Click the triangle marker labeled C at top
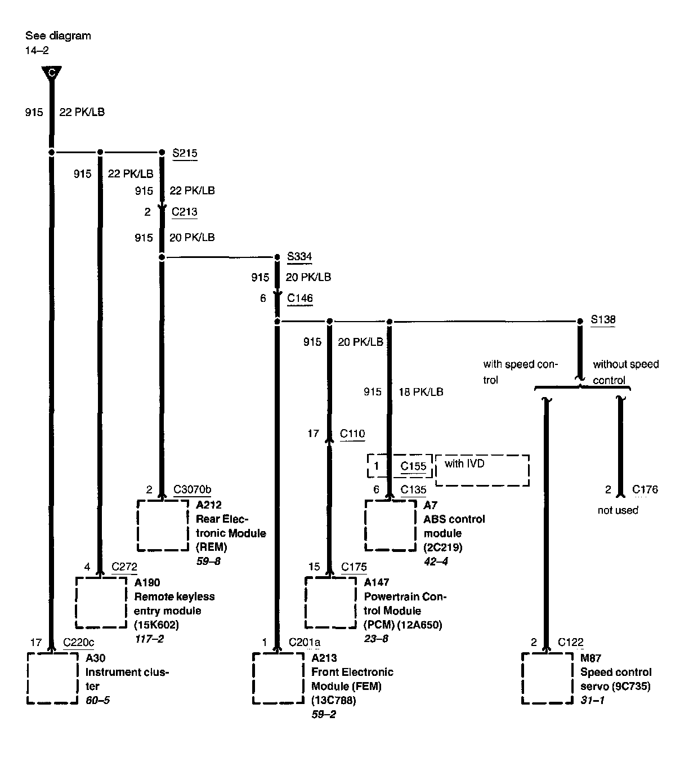click(x=51, y=73)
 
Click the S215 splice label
click(x=185, y=153)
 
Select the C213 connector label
click(x=185, y=212)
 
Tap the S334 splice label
click(x=299, y=257)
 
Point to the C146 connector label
click(x=300, y=299)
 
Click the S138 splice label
click(x=603, y=319)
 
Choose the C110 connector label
click(x=352, y=434)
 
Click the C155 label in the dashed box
click(x=413, y=466)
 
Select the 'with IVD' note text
click(x=464, y=464)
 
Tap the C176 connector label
click(x=645, y=489)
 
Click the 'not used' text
click(x=618, y=510)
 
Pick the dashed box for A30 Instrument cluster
click(x=52, y=678)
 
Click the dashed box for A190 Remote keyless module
click(x=101, y=602)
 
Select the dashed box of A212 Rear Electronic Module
click(x=163, y=525)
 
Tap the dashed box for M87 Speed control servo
click(x=547, y=678)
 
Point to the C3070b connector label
click(x=193, y=489)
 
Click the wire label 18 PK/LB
click(x=420, y=391)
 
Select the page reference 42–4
click(x=436, y=562)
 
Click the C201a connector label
click(x=305, y=643)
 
